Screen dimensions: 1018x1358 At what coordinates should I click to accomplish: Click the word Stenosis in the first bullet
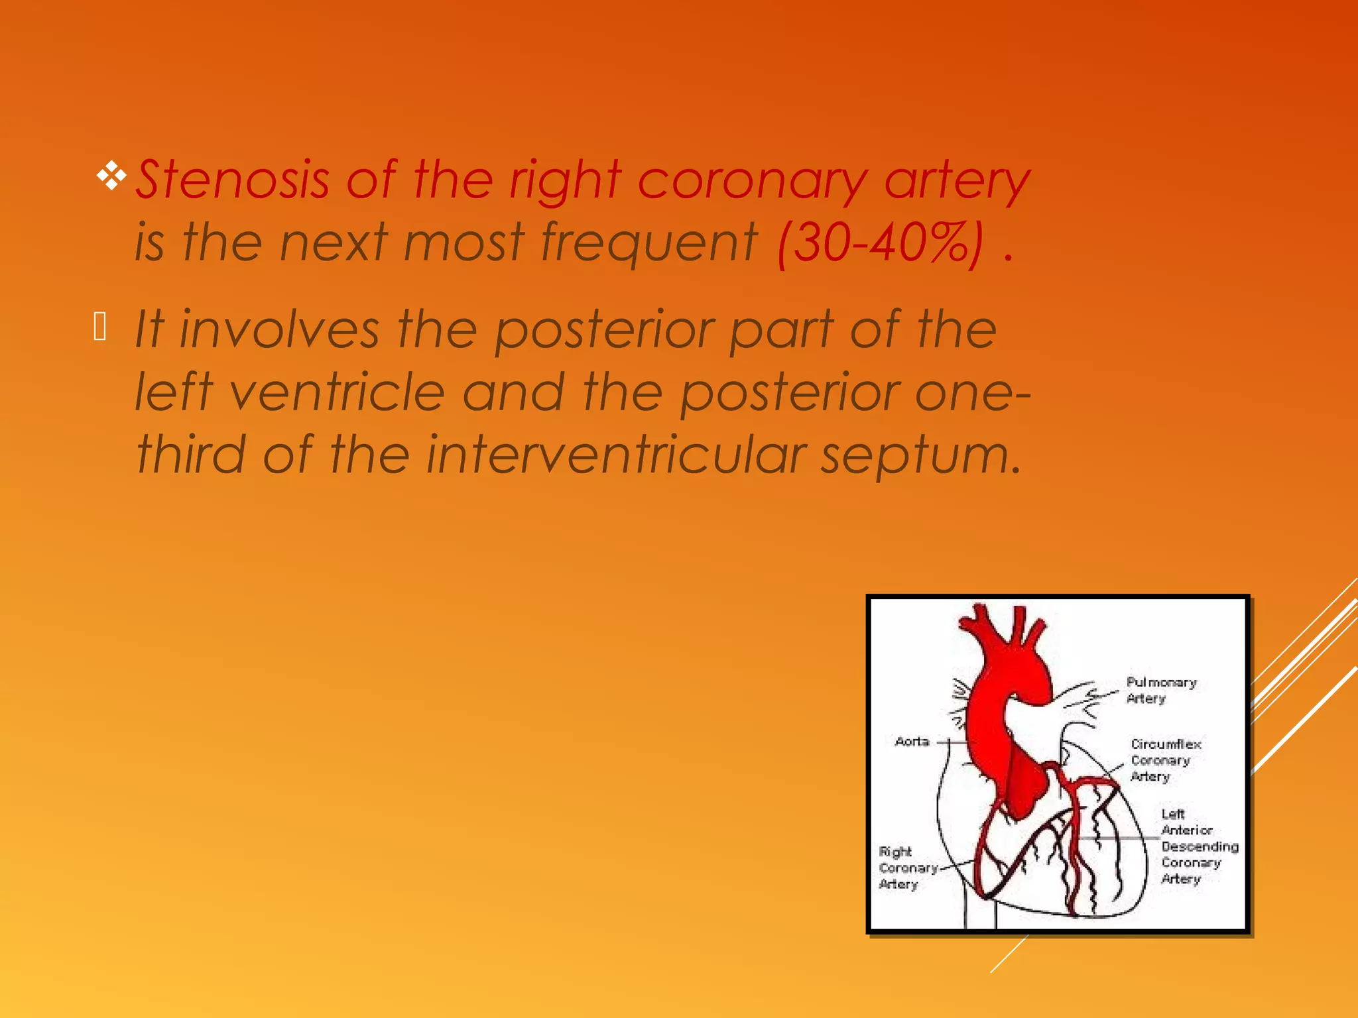point(232,180)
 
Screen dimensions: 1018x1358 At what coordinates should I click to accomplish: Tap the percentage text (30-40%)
point(881,243)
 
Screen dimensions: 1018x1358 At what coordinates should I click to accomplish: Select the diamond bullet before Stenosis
point(111,176)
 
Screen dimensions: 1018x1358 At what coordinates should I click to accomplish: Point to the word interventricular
point(615,455)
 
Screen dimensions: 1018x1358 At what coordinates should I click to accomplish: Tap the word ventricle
point(336,392)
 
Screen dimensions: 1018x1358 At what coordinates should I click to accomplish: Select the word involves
point(279,329)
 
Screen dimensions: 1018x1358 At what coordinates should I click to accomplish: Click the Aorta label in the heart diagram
point(912,742)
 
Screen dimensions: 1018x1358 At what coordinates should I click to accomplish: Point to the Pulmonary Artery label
point(1160,690)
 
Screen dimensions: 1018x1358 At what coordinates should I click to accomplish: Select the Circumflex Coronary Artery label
point(1165,760)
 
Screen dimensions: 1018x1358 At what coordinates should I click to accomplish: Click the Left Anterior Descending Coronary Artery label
point(1199,846)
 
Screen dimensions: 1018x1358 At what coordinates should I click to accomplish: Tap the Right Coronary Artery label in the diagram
point(906,868)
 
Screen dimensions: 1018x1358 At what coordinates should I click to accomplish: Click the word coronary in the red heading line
point(752,180)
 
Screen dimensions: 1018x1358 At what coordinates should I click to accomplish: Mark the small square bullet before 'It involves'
point(100,327)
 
